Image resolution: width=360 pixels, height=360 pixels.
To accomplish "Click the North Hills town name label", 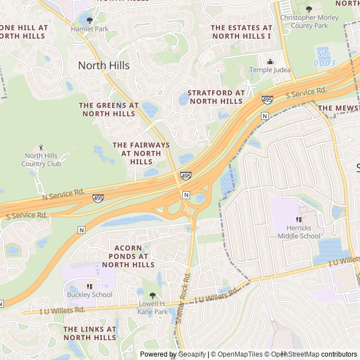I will pyautogui.click(x=103, y=65).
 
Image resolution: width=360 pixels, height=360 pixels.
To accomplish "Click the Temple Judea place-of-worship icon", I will pyautogui.click(x=270, y=61).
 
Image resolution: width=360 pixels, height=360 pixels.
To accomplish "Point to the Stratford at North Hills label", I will pyautogui.click(x=216, y=97).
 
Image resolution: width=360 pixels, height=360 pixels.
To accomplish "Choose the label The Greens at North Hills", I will pyautogui.click(x=109, y=109).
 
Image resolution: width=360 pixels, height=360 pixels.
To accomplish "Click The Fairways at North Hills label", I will pyautogui.click(x=141, y=153).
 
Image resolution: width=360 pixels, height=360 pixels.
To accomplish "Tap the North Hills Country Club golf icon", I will pyautogui.click(x=42, y=147).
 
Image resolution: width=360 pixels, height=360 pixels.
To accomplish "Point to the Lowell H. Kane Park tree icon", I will pyautogui.click(x=152, y=295).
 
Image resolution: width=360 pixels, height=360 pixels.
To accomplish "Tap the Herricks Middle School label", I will pyautogui.click(x=299, y=232).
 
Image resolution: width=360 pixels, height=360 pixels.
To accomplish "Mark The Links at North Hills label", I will pyautogui.click(x=90, y=333).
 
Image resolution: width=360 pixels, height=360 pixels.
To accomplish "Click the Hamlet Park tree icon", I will pyautogui.click(x=89, y=20).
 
